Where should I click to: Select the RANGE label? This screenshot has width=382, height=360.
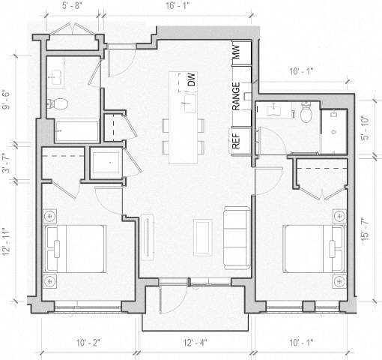pyautogui.click(x=236, y=97)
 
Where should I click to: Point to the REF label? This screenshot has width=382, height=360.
pyautogui.click(x=236, y=140)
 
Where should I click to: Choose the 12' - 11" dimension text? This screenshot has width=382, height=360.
pyautogui.click(x=8, y=241)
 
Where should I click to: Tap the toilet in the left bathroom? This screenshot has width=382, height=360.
pyautogui.click(x=58, y=103)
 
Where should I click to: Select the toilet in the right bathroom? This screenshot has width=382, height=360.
pyautogui.click(x=306, y=113)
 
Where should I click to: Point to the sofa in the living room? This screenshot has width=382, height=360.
pyautogui.click(x=236, y=238)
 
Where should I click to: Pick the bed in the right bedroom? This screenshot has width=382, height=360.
pyautogui.click(x=311, y=247)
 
